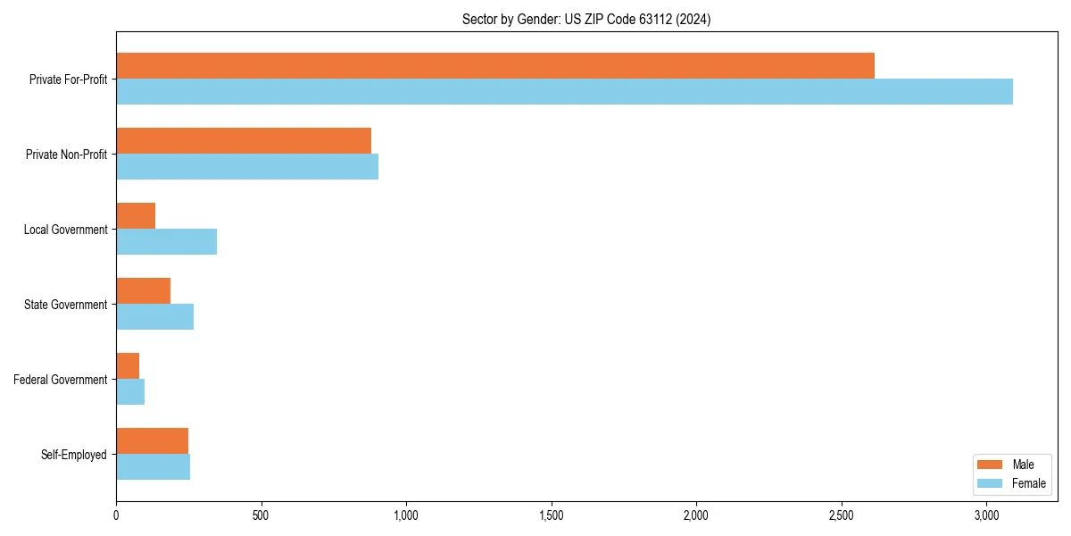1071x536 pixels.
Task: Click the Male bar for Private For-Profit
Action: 495,66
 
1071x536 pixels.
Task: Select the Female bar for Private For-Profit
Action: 564,92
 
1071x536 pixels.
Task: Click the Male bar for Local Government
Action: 136,216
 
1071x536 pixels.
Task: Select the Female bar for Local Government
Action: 166,242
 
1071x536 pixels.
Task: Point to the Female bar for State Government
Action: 154,317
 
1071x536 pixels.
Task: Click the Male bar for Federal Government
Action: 128,366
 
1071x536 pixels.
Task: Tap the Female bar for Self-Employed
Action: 153,467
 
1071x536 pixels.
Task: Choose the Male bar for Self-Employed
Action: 152,441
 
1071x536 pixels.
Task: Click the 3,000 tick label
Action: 986,515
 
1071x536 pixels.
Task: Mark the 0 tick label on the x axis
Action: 116,515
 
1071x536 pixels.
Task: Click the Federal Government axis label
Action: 61,380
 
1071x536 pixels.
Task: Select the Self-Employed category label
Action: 74,455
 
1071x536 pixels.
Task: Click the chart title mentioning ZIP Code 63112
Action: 586,19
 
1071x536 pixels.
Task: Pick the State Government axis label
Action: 66,305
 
